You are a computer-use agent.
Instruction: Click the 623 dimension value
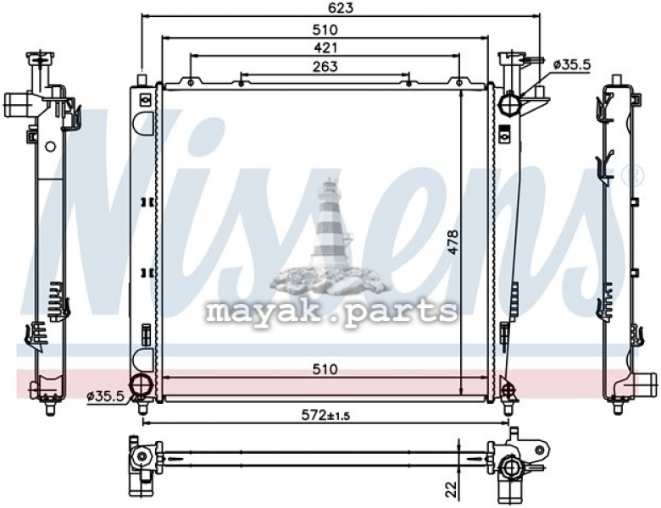click(340, 8)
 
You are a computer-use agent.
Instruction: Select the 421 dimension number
click(325, 48)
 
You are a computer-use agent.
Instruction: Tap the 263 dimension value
click(325, 67)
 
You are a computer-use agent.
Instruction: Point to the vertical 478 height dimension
click(453, 241)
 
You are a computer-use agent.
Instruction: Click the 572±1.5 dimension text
click(325, 416)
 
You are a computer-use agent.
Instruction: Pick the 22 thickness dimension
click(451, 489)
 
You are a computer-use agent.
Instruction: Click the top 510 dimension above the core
click(325, 30)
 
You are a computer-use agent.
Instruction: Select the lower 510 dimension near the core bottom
click(325, 369)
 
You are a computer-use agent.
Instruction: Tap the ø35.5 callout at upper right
click(572, 64)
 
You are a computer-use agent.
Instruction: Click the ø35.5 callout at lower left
click(105, 396)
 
